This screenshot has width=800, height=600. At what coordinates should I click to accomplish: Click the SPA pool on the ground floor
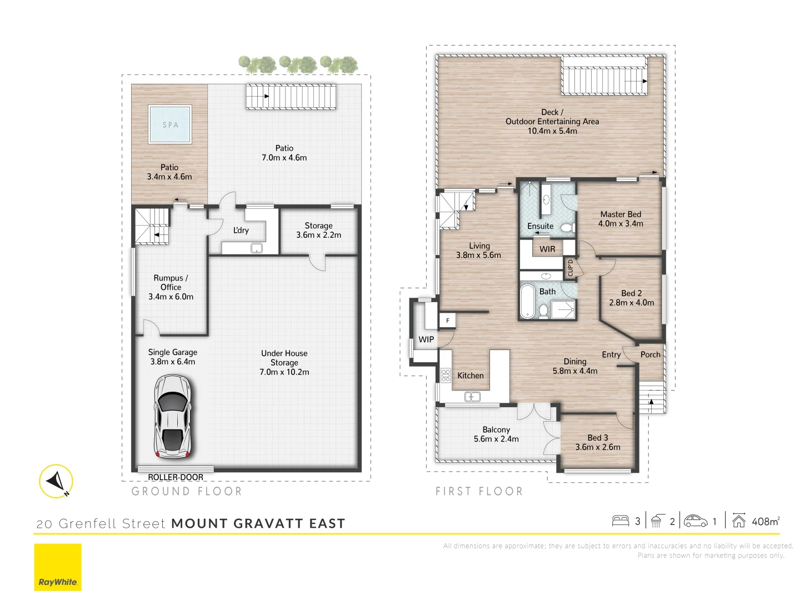click(170, 124)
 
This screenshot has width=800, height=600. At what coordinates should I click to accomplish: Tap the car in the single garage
click(173, 416)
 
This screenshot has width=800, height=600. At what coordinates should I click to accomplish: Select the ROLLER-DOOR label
click(176, 477)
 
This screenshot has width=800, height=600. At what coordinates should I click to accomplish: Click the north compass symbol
click(56, 481)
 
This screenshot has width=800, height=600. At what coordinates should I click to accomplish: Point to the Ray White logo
click(58, 567)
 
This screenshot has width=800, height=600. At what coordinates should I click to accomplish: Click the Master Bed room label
click(621, 214)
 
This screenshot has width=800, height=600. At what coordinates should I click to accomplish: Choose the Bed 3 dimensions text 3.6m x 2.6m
click(598, 447)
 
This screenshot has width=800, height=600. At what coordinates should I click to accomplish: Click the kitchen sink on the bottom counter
click(472, 397)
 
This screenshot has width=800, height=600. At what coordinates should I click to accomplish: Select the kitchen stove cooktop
click(446, 375)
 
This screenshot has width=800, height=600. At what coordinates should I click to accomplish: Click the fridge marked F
click(448, 321)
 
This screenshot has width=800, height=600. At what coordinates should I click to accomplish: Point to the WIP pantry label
click(426, 339)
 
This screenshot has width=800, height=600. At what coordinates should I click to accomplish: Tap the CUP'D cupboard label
click(570, 268)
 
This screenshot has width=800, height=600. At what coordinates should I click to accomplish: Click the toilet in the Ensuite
click(567, 227)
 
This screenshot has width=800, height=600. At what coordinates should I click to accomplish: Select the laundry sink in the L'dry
click(256, 248)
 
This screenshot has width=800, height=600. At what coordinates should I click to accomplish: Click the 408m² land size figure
click(765, 521)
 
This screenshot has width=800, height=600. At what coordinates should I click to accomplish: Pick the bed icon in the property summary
click(620, 521)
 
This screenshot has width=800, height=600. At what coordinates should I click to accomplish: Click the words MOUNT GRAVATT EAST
click(258, 523)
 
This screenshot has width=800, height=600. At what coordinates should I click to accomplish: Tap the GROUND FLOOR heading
click(187, 492)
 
